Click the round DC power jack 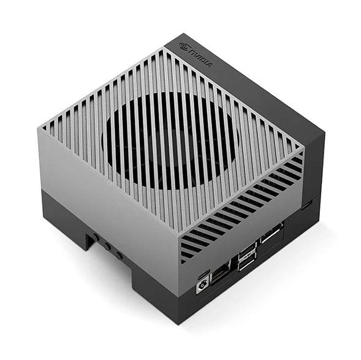200,286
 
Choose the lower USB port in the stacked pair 246,262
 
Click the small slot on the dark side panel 306,205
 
